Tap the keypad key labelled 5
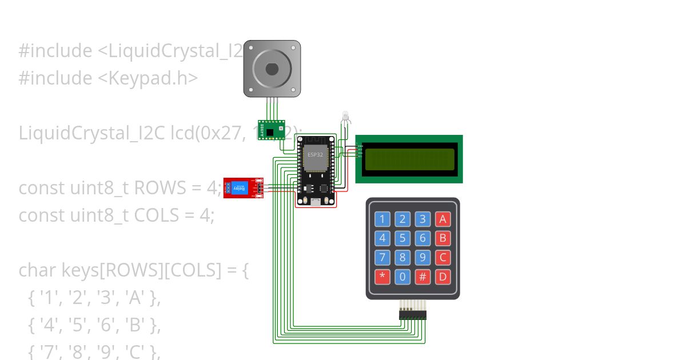coord(402,238)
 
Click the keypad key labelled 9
coord(422,258)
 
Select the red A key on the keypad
coord(442,219)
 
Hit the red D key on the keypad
coord(442,277)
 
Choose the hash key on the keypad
coord(422,277)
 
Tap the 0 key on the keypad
coord(402,277)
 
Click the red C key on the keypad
coord(442,258)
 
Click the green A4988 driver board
coord(271,130)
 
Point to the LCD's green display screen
coord(409,159)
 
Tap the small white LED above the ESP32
coord(345,116)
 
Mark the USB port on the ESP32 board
coord(315,202)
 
